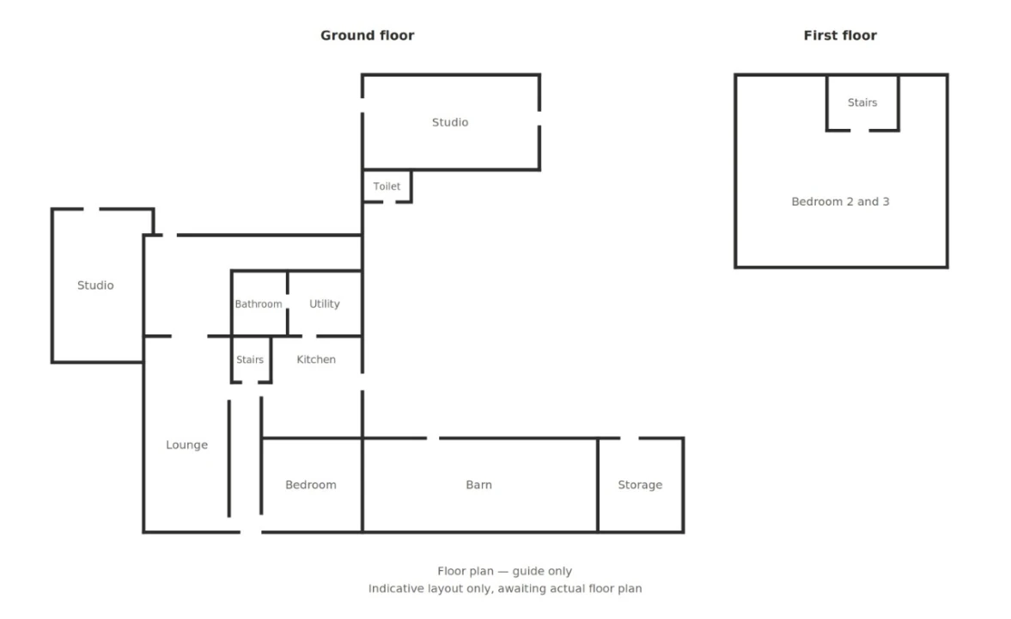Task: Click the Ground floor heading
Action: tap(367, 35)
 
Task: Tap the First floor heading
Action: tap(839, 35)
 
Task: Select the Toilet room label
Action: tap(387, 187)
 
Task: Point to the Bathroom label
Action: tap(258, 304)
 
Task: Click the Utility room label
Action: tap(325, 303)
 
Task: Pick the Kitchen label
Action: tap(316, 359)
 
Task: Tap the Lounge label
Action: tap(187, 444)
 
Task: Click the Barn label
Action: tap(479, 485)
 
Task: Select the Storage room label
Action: tap(640, 485)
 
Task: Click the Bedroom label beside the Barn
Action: tap(311, 485)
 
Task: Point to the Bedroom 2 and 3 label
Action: tap(840, 201)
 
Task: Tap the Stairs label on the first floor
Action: tap(862, 102)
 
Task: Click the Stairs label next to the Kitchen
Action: tap(249, 359)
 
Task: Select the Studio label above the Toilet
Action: tap(450, 122)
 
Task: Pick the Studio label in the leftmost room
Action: tap(95, 285)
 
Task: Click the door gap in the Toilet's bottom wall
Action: tap(389, 202)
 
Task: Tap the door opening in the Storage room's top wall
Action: tap(630, 438)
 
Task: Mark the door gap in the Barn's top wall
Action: tap(433, 438)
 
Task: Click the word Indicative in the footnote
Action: tap(396, 589)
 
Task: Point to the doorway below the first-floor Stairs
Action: tap(860, 131)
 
